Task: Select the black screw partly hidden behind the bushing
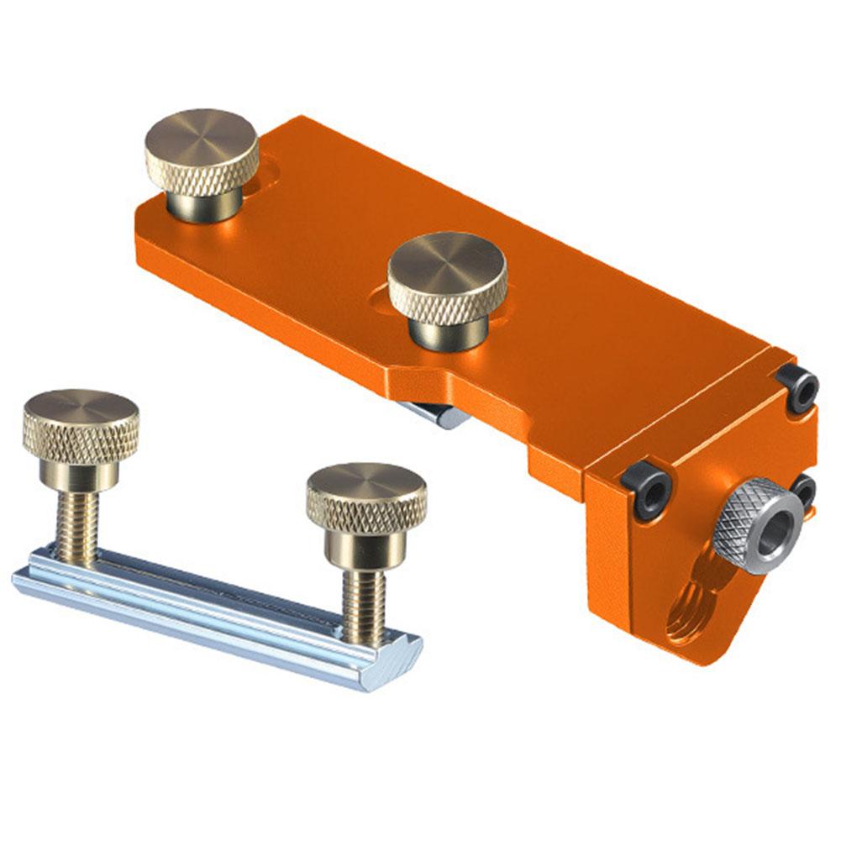click(x=805, y=491)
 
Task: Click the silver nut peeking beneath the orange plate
click(x=437, y=414)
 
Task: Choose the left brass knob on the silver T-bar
click(x=81, y=428)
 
